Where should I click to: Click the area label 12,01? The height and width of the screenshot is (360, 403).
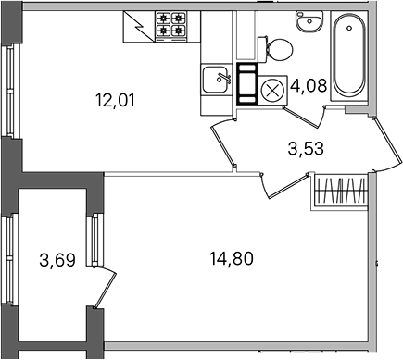click(116, 101)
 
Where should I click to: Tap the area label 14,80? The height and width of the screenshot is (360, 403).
click(232, 258)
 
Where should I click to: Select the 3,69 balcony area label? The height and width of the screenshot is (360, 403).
click(57, 260)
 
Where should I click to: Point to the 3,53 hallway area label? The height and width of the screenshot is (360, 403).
click(306, 148)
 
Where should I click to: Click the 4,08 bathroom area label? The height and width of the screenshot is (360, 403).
click(309, 85)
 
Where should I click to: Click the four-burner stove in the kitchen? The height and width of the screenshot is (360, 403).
click(170, 26)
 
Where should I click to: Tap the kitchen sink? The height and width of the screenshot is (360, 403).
click(217, 80)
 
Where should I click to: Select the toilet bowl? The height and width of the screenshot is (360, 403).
click(275, 49)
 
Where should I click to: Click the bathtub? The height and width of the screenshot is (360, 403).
click(349, 56)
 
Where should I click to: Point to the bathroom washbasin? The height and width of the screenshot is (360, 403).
click(309, 21)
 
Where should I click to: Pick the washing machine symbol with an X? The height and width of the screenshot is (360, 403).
click(272, 91)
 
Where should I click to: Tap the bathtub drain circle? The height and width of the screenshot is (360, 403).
click(349, 28)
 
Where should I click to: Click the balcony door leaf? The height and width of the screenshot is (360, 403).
click(105, 290)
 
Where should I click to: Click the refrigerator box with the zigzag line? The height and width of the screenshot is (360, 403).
click(139, 27)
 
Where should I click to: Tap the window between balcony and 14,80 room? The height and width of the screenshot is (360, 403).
click(95, 240)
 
